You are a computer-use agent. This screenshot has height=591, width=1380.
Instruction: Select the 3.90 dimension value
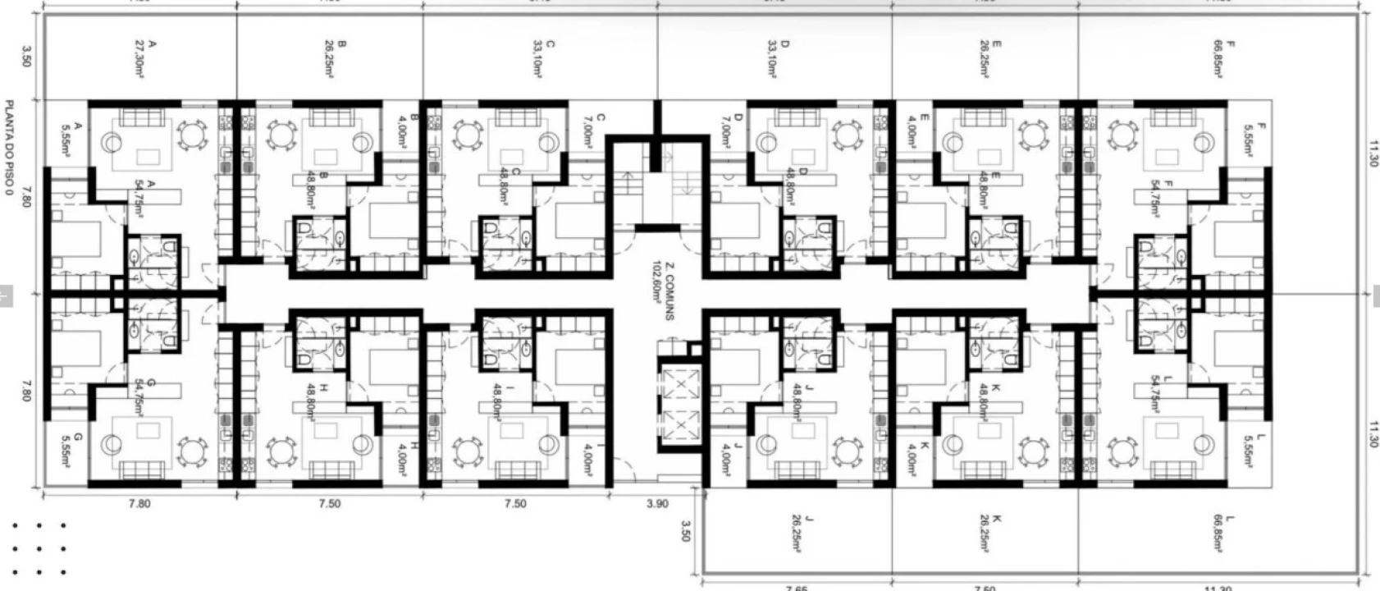657,504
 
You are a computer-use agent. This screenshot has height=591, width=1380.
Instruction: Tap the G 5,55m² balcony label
71,451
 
